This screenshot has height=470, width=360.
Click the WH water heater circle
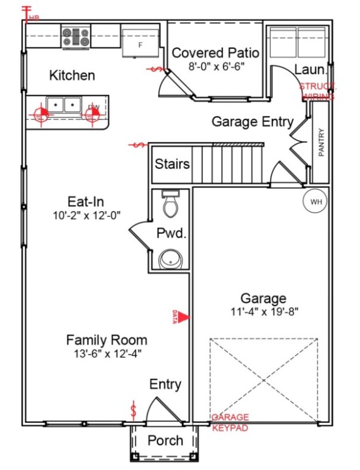(316, 201)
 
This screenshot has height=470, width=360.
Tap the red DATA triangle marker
(183, 316)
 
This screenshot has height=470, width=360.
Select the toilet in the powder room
(170, 204)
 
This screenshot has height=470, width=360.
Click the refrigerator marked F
(140, 42)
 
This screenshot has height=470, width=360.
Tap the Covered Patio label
(215, 53)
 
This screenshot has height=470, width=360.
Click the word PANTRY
(321, 142)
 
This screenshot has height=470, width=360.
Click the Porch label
(165, 441)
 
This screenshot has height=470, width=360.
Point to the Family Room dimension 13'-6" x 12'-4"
(107, 352)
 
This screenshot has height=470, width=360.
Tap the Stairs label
(172, 164)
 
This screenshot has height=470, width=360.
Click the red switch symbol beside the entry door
(133, 410)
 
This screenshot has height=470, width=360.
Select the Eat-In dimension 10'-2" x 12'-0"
(88, 215)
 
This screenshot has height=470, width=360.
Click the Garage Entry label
(252, 122)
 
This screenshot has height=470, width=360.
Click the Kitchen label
(72, 75)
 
